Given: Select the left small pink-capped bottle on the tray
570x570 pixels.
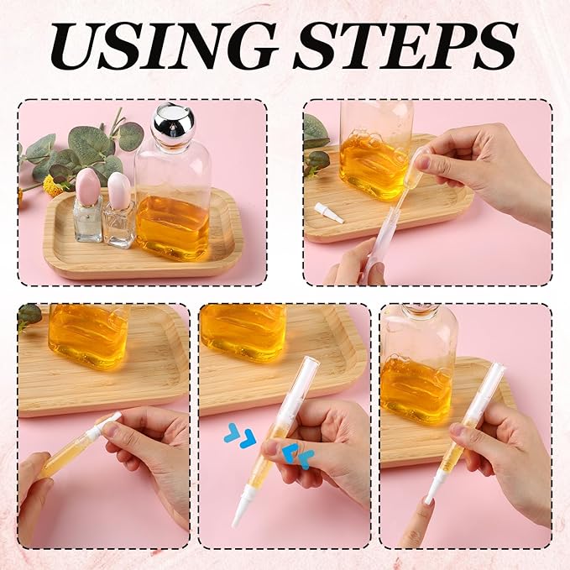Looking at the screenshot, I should pos(87,206).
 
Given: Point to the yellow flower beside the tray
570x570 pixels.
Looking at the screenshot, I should pos(52,186).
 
